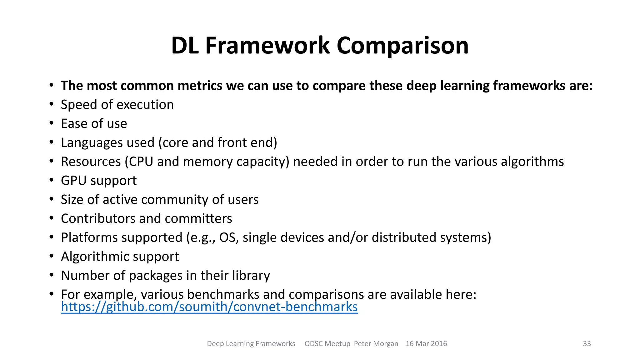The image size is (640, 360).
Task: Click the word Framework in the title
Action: [x=267, y=46]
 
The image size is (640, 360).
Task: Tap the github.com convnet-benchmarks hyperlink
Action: [x=209, y=307]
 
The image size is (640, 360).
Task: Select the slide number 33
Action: [x=587, y=344]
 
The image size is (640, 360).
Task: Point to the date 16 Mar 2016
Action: [x=426, y=344]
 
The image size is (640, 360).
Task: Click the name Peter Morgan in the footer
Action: [x=376, y=344]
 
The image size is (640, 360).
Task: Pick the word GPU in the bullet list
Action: [x=73, y=181]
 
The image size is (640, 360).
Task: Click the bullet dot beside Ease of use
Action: [x=52, y=123]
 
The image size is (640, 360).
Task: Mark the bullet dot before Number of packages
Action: [x=52, y=276]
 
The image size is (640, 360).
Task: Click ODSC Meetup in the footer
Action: [x=327, y=344]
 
